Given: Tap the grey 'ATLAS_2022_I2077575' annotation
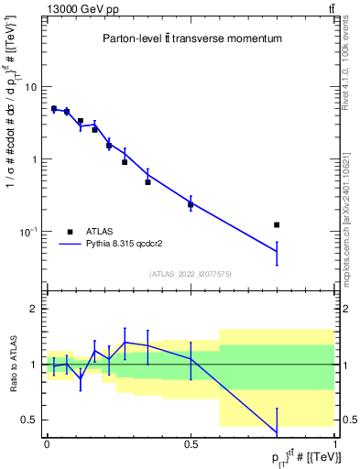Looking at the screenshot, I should pos(191,274).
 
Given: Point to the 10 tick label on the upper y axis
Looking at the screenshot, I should pos(29,87).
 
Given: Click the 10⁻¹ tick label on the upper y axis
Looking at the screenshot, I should pos(27,231).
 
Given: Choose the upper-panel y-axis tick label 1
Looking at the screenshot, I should pos(33,159).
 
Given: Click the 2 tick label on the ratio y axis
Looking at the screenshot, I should pos(33,310).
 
